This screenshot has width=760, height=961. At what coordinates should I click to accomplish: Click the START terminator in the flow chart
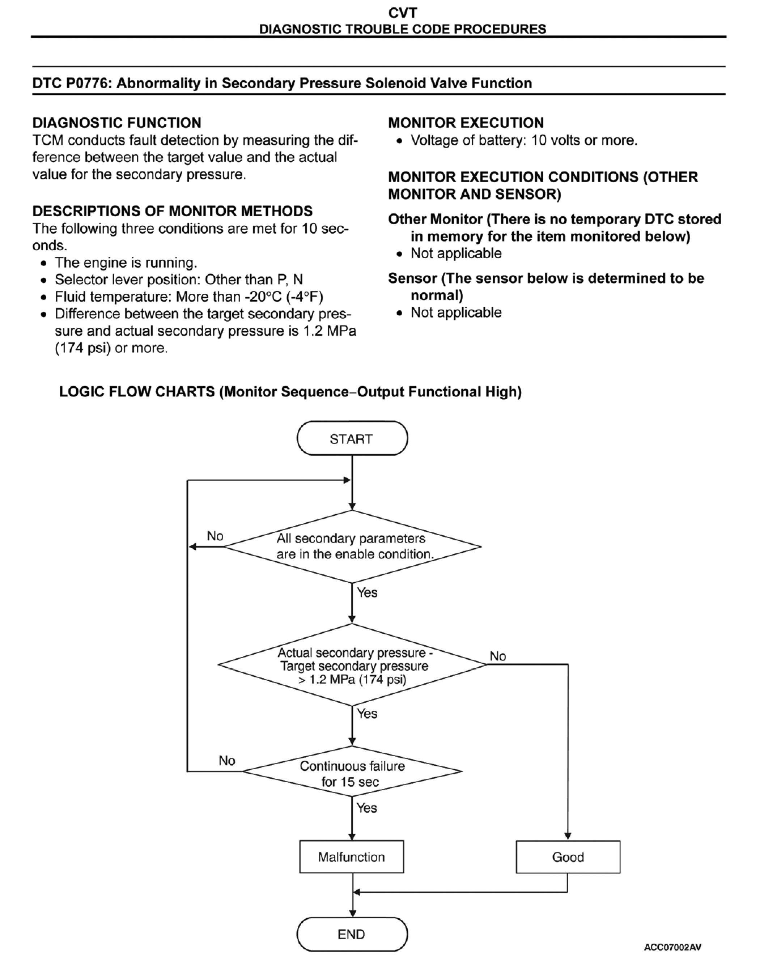[x=352, y=439]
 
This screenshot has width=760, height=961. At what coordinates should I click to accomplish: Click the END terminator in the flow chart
[x=352, y=934]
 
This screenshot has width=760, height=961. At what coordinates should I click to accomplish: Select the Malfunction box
[x=352, y=857]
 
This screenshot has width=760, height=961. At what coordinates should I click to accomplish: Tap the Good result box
[x=568, y=857]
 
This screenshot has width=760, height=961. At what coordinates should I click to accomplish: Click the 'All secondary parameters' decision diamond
[x=352, y=547]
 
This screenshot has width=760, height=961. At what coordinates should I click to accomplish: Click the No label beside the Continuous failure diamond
[x=226, y=761]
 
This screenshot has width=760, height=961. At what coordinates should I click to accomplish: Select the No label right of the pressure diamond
[x=498, y=656]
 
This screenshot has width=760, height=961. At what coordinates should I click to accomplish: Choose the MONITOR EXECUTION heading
[x=466, y=123]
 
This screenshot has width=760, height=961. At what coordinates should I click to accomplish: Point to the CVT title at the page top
[x=403, y=13]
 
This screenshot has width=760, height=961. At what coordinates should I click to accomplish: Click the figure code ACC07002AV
[x=672, y=947]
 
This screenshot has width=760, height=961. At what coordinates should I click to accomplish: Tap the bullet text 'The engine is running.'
[x=126, y=263]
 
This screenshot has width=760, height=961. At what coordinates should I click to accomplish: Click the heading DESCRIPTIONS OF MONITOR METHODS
[x=172, y=211]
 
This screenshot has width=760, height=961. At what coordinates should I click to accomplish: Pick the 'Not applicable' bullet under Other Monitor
[x=456, y=253]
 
